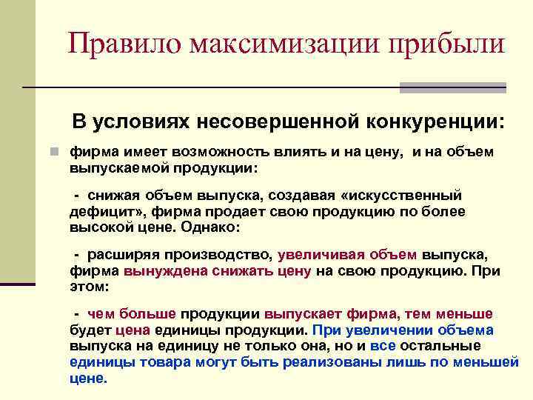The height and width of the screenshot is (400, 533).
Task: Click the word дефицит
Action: tap(103, 211)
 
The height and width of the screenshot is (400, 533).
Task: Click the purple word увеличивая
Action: tap(323, 255)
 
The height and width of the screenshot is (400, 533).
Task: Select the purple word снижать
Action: tap(238, 270)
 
